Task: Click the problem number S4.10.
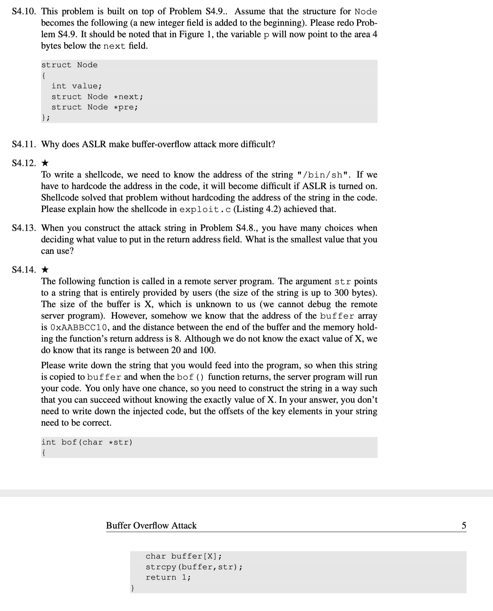tap(24, 11)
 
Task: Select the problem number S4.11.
tap(24, 144)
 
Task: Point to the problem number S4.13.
tap(24, 228)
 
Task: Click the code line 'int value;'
tap(76, 86)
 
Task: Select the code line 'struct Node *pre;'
tap(94, 107)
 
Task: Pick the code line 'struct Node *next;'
tap(97, 97)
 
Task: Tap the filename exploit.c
tap(205, 210)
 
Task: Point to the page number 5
tap(464, 525)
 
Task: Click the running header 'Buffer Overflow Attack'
tap(151, 525)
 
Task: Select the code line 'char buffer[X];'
tap(184, 556)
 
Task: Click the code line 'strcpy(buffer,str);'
tap(194, 567)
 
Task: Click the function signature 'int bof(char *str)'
tap(87, 442)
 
